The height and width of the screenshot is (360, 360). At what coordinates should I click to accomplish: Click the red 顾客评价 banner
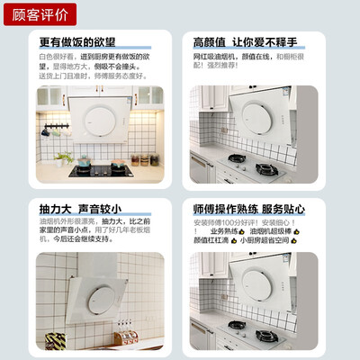click(39, 13)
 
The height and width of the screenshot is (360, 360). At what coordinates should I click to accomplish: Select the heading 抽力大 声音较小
click(82, 207)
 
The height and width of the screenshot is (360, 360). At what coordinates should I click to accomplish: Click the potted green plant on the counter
click(61, 158)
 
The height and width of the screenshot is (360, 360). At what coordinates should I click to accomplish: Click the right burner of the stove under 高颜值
click(265, 169)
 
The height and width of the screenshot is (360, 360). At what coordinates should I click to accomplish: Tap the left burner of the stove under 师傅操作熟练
click(237, 324)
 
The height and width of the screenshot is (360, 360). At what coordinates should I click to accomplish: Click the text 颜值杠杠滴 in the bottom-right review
click(211, 240)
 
